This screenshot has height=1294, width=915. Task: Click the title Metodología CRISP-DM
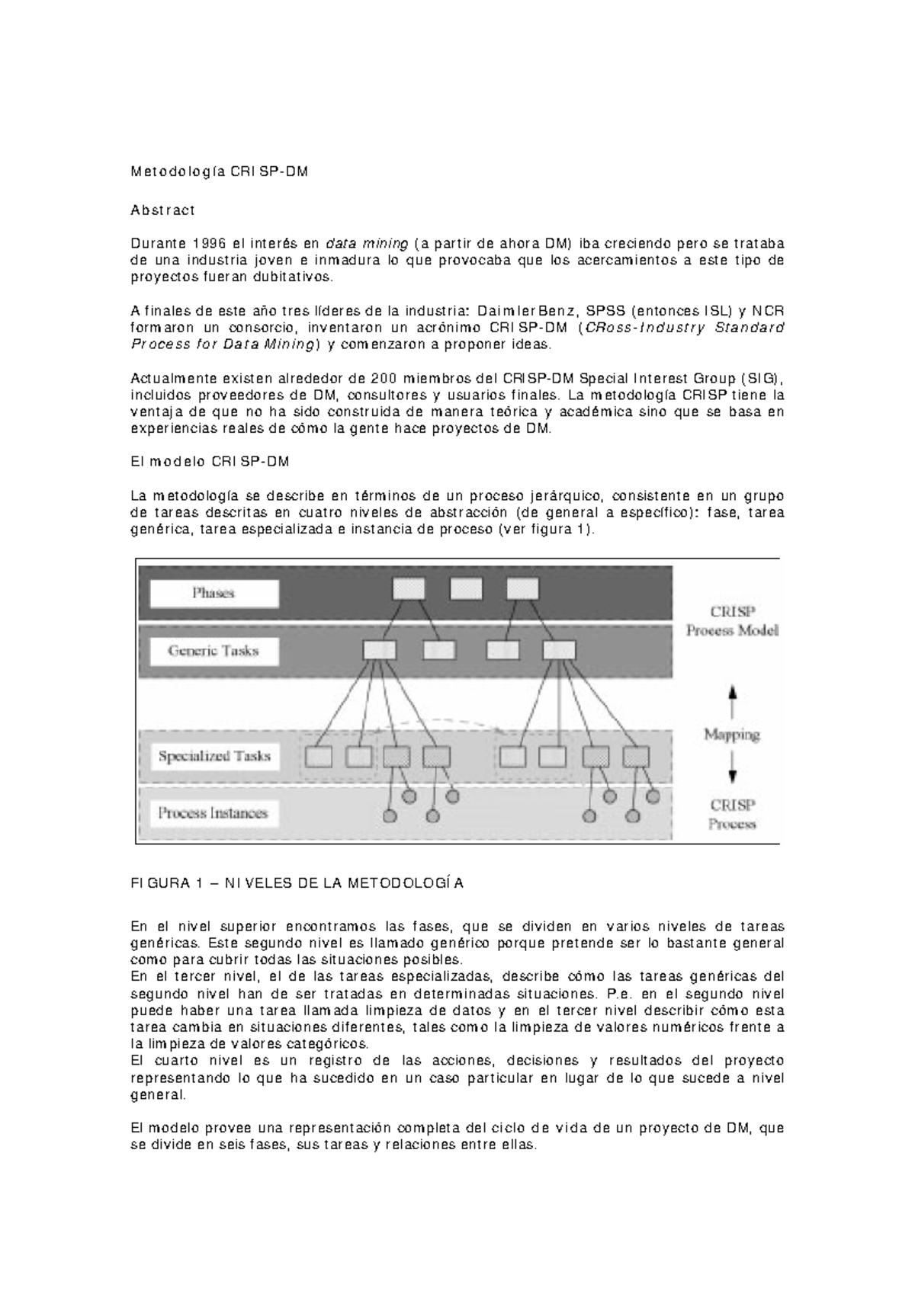point(220,171)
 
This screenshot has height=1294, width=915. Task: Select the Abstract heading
point(163,210)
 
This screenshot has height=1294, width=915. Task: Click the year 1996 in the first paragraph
point(210,244)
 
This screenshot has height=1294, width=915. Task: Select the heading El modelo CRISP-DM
point(210,462)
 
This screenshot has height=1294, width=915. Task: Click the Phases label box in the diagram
point(214,594)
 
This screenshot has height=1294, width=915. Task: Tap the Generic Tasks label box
point(214,652)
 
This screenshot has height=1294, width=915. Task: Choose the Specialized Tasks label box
point(214,757)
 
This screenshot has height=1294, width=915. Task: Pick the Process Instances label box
point(214,813)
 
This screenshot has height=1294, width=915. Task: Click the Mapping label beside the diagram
point(731,735)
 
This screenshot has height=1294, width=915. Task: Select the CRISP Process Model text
point(731,621)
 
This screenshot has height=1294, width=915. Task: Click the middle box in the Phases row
point(466,588)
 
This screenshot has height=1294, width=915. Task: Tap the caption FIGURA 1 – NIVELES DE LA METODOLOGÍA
point(297,884)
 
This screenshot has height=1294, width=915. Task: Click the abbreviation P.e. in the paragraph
point(617,994)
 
